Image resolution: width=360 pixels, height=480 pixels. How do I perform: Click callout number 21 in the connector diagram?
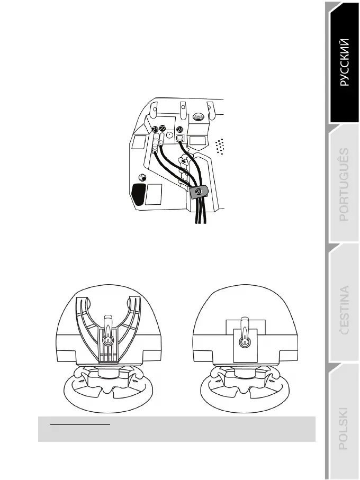click(155, 130)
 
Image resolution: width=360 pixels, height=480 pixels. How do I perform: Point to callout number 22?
click(163, 130)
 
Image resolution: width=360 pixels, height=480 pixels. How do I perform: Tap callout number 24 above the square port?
click(181, 130)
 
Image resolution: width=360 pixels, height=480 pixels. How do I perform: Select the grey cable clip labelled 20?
click(198, 192)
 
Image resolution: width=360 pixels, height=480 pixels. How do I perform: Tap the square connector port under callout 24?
click(181, 138)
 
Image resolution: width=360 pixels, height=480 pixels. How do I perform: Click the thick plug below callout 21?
click(155, 144)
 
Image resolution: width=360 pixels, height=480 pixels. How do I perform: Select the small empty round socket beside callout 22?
click(169, 135)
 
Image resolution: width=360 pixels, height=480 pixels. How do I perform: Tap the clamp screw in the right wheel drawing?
click(244, 342)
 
